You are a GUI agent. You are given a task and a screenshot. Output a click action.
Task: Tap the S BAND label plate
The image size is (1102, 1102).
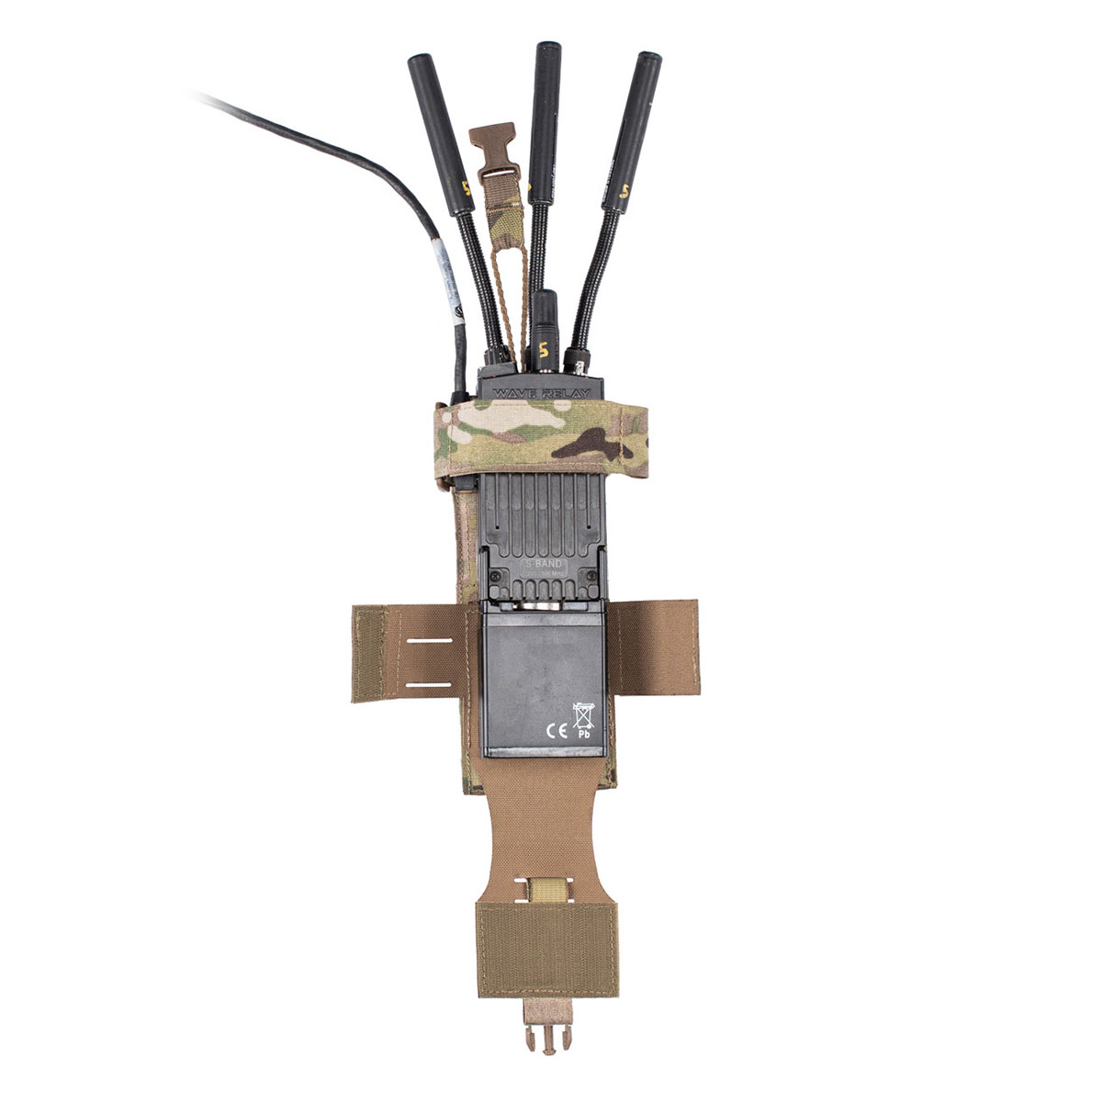[543, 564]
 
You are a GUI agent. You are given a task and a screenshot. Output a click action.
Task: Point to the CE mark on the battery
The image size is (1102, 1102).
[555, 731]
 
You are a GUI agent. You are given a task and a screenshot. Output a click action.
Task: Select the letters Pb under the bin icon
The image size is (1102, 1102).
[583, 734]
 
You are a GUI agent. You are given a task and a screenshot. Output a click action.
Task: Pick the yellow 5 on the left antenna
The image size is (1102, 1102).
[467, 187]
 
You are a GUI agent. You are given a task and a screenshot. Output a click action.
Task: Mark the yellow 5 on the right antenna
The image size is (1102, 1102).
[624, 192]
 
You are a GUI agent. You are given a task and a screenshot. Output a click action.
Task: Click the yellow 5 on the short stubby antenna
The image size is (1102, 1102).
[545, 349]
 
